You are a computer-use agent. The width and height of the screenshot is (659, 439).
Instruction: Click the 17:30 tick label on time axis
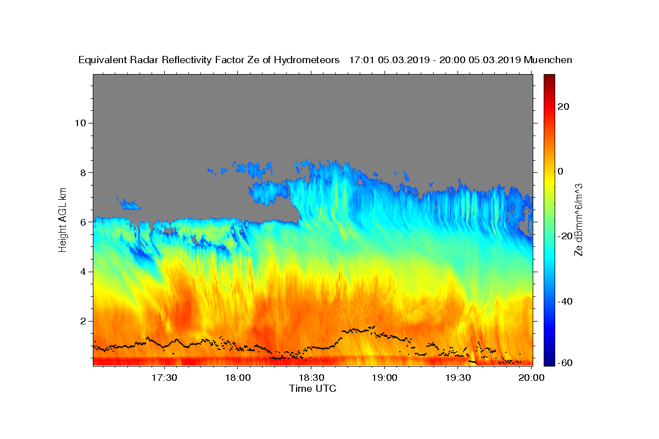pyautogui.click(x=164, y=378)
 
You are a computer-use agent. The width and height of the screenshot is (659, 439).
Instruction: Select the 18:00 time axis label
pyautogui.click(x=238, y=378)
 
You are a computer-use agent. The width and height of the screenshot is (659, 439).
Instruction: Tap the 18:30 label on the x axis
pyautogui.click(x=311, y=378)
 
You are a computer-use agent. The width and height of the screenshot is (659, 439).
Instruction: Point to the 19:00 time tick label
pyautogui.click(x=384, y=378)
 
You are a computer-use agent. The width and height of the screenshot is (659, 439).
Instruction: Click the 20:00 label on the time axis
pyautogui.click(x=531, y=378)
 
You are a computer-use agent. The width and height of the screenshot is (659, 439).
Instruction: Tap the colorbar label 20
pyautogui.click(x=563, y=106)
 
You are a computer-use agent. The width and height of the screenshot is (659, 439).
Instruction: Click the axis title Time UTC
pyautogui.click(x=312, y=389)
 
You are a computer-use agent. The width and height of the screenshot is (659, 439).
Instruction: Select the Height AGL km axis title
pyautogui.click(x=63, y=219)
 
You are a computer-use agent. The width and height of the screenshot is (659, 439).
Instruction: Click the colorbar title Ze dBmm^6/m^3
pyautogui.click(x=578, y=219)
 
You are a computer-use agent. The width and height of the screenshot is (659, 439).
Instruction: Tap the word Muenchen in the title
pyautogui.click(x=548, y=60)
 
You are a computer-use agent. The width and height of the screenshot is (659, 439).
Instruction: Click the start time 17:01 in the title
pyautogui.click(x=360, y=60)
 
